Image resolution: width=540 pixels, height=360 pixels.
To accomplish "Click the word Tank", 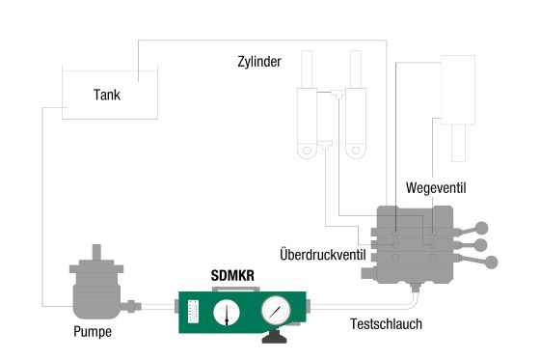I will (107, 96).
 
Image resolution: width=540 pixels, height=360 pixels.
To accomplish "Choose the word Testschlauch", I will (386, 323).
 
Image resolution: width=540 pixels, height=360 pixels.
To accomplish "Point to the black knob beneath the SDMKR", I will (274, 338).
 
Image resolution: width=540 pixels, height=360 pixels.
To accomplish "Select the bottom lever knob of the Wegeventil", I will (493, 262).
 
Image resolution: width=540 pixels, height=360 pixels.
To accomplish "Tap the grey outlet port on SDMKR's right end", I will (312, 308).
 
